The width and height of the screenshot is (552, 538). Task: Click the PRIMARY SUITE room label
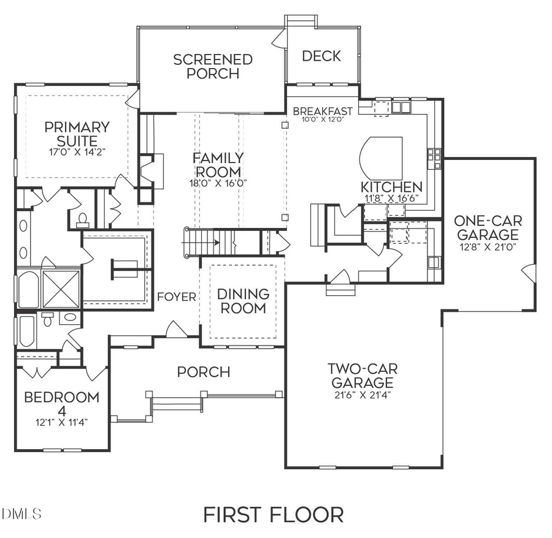[x=77, y=134]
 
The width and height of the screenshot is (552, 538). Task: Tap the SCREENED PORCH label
[x=212, y=66]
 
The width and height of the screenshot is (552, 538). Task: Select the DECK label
[x=321, y=56]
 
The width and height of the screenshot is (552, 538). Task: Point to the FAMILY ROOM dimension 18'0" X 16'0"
[x=217, y=183]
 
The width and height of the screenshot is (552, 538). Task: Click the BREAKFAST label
[x=323, y=111]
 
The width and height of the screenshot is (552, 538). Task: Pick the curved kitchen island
[x=380, y=156]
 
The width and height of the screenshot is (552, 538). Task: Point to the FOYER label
[x=177, y=297]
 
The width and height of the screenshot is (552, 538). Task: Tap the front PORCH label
[x=204, y=372]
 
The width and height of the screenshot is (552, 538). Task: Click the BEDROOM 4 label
[x=61, y=403]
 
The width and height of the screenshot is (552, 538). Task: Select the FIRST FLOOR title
[x=273, y=514]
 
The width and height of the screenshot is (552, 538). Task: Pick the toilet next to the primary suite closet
[x=83, y=219]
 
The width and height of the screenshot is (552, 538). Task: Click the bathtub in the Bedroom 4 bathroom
[x=26, y=332]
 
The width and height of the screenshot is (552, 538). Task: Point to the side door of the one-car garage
[x=528, y=273]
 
